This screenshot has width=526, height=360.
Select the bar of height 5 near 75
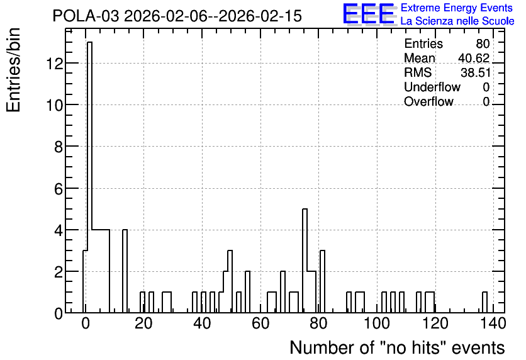tap(305, 261)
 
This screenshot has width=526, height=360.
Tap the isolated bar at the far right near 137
tap(484, 302)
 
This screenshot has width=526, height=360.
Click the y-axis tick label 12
tap(55, 64)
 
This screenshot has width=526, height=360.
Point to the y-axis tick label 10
tap(55, 105)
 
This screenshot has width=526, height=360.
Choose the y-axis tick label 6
tap(59, 189)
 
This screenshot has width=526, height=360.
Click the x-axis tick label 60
tap(260, 323)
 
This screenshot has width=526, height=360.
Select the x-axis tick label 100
tap(377, 323)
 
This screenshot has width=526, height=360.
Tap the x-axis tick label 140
tap(493, 323)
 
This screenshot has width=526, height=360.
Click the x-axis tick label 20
tap(143, 323)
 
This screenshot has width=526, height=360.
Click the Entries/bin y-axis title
tap(13, 70)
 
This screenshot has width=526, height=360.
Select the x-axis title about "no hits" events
tap(397, 347)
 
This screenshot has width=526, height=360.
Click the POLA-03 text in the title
tap(86, 16)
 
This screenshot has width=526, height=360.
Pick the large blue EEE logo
tap(369, 14)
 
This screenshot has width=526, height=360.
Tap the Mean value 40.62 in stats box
tap(474, 58)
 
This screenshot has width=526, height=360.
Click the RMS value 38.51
tap(475, 72)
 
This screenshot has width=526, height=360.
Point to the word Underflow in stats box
tap(432, 87)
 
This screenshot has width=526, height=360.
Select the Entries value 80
tap(483, 43)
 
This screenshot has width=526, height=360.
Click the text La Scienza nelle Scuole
tap(457, 21)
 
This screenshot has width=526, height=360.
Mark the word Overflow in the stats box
tap(428, 101)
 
